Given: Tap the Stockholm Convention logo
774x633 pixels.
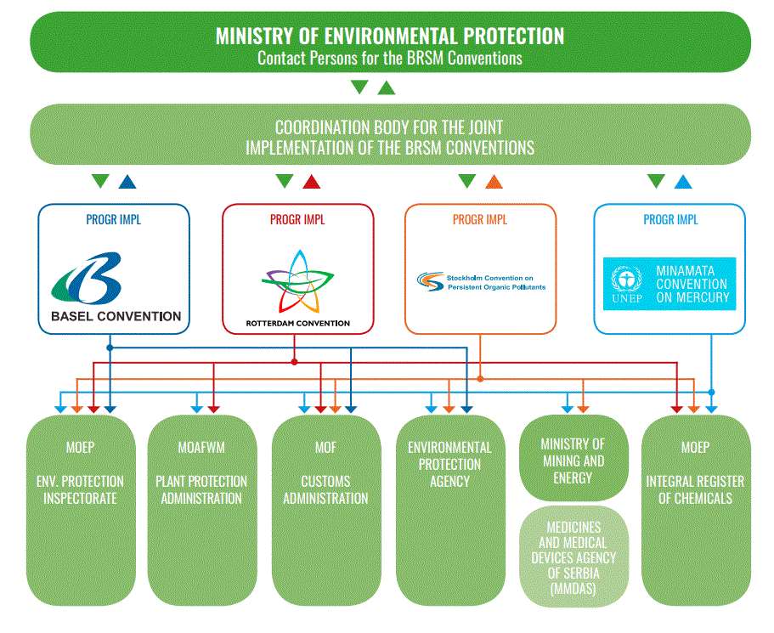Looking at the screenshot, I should click(481, 282).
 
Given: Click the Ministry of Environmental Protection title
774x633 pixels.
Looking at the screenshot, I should click(389, 36).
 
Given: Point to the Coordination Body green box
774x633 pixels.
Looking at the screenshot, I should click(389, 137).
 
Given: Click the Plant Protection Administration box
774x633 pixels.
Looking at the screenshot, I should click(201, 510).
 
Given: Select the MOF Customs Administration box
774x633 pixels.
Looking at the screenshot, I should click(326, 510).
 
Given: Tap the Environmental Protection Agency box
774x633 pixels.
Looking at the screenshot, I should click(449, 510).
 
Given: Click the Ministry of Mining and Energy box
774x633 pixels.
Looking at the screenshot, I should click(573, 458).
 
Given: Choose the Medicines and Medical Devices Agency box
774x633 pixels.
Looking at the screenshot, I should click(573, 556).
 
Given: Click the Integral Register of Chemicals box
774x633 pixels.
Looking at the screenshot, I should click(695, 510).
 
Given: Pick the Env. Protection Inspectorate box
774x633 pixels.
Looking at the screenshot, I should click(82, 510).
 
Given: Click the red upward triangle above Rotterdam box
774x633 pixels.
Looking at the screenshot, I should click(311, 181).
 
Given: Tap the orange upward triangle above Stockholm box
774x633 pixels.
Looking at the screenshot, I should click(494, 181).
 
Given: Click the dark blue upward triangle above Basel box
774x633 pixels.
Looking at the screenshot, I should click(127, 181).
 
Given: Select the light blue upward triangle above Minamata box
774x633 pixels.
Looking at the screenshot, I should click(682, 181).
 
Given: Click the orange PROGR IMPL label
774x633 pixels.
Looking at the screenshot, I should click(480, 220).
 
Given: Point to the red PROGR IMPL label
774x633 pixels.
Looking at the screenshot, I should click(297, 220).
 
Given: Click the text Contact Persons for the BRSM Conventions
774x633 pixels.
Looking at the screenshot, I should click(389, 59).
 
